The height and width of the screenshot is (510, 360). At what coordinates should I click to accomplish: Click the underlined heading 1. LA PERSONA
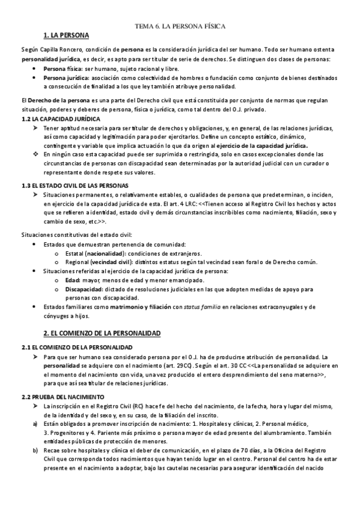pos(67,36)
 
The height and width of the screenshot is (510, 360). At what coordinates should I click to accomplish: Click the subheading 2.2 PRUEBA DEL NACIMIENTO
pos(63,380)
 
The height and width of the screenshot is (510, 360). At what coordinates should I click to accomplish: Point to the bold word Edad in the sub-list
pos(72,280)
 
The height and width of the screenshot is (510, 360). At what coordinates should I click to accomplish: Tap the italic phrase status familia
pos(200,307)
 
